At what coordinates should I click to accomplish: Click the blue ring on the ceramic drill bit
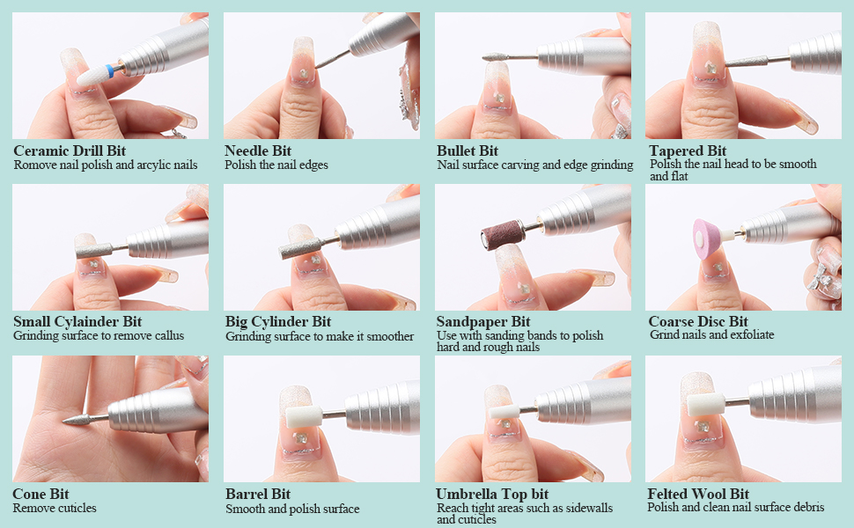pos(110,70)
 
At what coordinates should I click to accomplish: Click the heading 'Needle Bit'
pos(258,150)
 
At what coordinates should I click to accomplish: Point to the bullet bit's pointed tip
pos(483,57)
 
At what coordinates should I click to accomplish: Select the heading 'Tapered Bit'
pos(688,150)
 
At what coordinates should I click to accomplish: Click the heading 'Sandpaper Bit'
pos(483,322)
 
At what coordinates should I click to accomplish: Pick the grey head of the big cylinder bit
pos(299,248)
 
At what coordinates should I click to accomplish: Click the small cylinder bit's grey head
pos(94,250)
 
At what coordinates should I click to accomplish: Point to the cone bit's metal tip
pos(64,421)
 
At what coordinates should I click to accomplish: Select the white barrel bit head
pos(302,416)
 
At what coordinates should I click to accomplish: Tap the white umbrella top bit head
pos(504,411)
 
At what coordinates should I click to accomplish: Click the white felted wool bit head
pos(705,405)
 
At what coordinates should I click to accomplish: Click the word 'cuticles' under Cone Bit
pos(75,508)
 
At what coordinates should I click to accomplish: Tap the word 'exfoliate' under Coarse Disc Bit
pos(752,334)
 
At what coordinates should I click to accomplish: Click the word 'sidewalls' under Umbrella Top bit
pos(589,508)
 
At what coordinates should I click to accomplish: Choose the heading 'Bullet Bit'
pos(467,150)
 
